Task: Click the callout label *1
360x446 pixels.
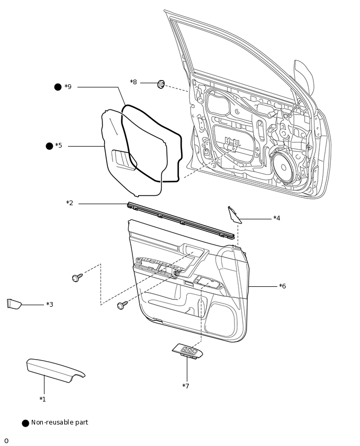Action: coord(42,399)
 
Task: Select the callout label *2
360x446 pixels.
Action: coord(70,203)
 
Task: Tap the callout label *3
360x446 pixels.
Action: coord(50,305)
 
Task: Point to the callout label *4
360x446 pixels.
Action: coord(277,218)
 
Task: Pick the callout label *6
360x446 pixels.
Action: coord(283,286)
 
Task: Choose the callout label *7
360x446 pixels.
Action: coord(186,386)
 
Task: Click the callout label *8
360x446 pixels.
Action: coord(133,82)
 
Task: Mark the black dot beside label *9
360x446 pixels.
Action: coord(58,87)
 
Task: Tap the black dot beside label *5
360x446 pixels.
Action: coord(50,146)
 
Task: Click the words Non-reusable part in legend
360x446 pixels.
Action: coord(60,422)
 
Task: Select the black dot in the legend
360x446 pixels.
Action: coord(26,423)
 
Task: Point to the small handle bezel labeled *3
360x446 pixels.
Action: coord(14,304)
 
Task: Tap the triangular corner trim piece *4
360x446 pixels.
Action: coord(234,214)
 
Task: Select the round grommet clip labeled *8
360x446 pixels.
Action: coord(161,84)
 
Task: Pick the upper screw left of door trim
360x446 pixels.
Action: coord(77,277)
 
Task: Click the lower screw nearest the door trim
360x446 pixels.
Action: coord(122,304)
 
